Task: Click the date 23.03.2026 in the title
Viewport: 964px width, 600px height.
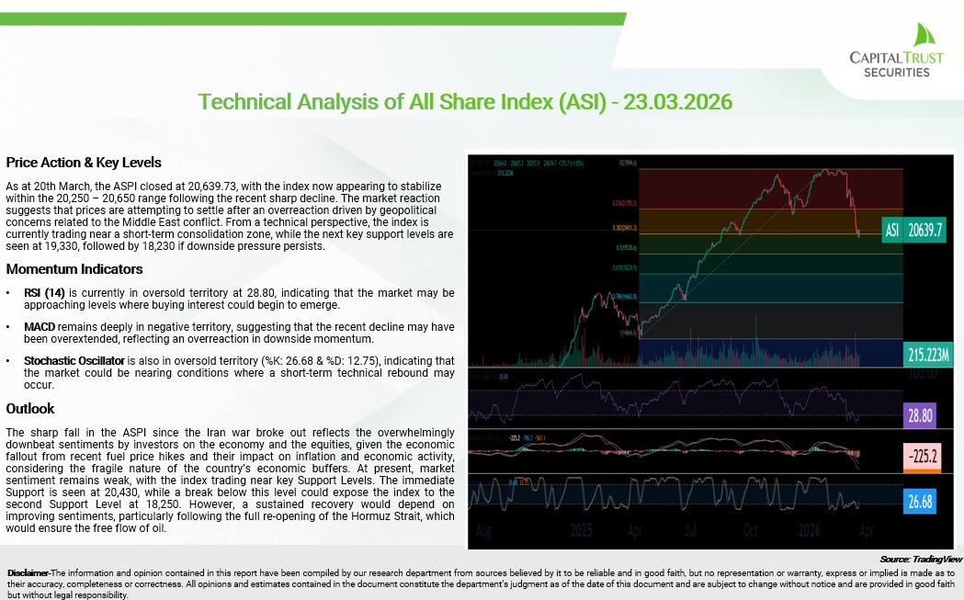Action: (677, 101)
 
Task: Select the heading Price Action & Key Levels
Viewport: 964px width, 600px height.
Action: (84, 163)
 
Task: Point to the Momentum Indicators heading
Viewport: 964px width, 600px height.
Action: (74, 269)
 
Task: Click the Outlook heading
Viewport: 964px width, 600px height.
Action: (30, 408)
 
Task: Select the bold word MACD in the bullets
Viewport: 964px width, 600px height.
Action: (42, 326)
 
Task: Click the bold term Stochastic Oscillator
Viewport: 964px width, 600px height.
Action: (74, 361)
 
